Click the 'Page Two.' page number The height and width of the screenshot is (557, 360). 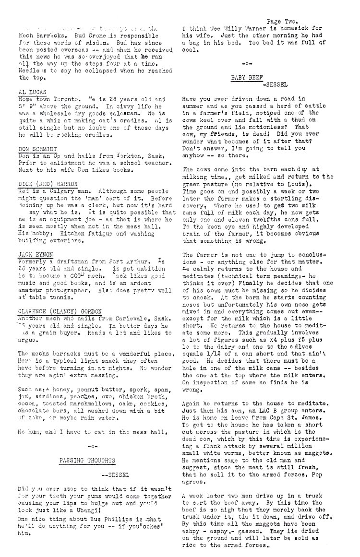284,22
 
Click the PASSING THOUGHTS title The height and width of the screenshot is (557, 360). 87,461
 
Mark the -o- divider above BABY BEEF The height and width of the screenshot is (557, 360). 247,63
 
